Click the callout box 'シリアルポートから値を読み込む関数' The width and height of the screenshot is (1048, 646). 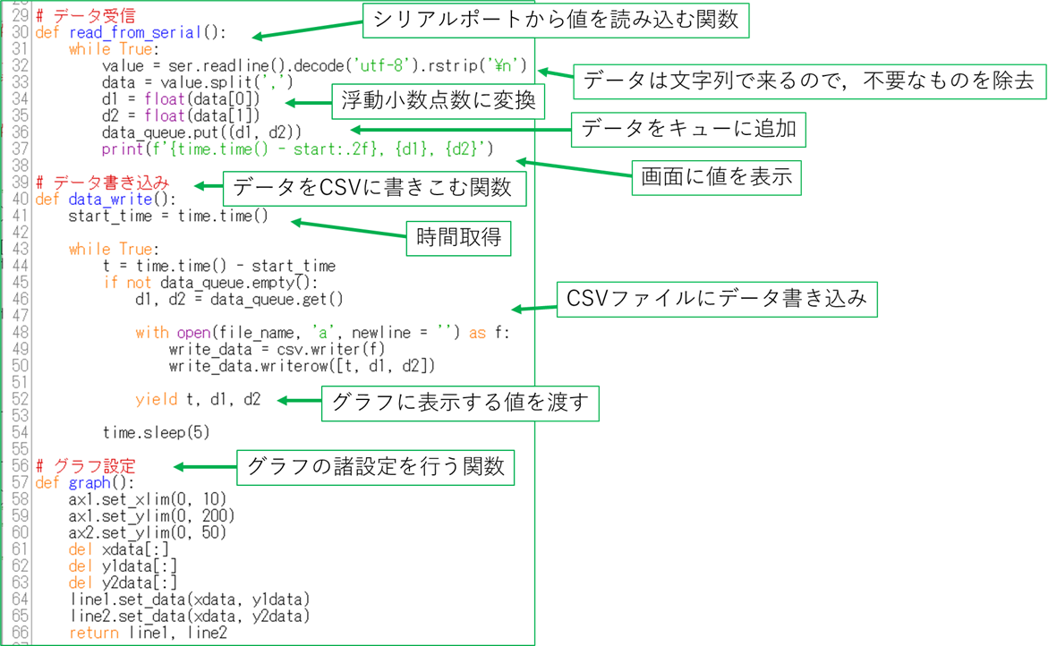pos(555,20)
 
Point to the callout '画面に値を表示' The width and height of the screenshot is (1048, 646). pos(717,176)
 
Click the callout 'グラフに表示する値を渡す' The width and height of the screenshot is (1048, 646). pos(460,403)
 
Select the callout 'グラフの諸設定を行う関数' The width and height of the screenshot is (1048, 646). pos(376,465)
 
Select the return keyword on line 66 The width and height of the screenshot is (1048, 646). pos(93,633)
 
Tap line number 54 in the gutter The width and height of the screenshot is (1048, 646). pos(20,432)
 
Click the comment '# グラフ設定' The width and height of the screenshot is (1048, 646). pos(86,466)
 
